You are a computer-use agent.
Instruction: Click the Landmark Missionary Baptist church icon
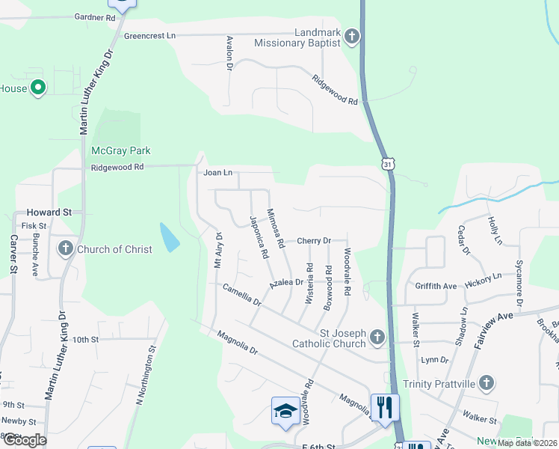point(352,37)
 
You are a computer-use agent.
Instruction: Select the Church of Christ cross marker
point(65,248)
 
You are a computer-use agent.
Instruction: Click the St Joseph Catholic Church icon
point(377,338)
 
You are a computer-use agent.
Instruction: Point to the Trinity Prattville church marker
point(487,384)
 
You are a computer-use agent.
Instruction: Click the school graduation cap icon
point(285,411)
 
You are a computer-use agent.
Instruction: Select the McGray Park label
point(120,150)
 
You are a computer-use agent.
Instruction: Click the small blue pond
point(170,237)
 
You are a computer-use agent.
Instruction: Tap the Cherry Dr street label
point(314,240)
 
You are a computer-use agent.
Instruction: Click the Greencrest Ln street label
point(149,35)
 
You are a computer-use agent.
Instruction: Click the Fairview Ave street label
point(494,326)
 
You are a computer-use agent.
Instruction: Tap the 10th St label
point(85,339)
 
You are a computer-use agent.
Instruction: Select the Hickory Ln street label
point(482,277)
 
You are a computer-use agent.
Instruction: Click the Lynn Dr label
point(434,360)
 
